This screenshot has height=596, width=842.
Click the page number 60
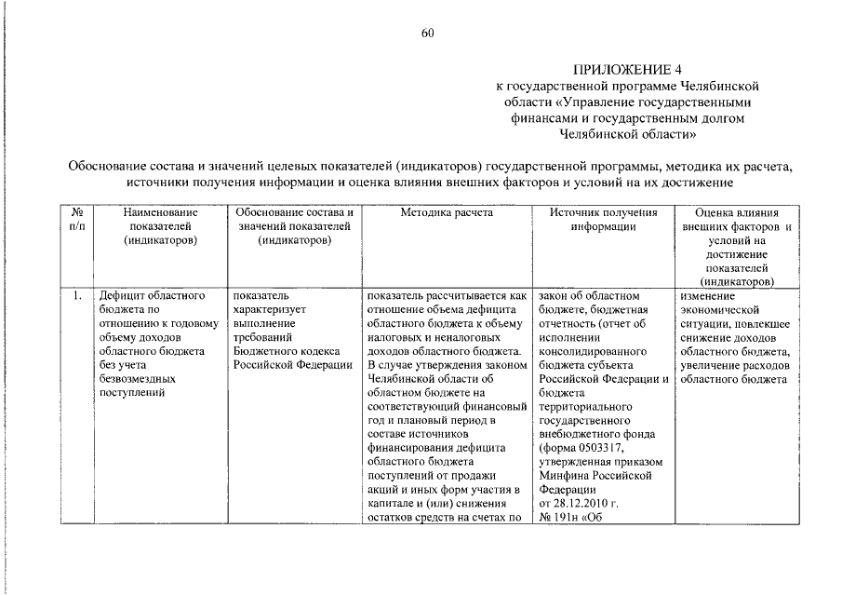(x=428, y=34)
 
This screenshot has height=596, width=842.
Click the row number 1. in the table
(x=77, y=296)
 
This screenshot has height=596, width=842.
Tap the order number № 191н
(x=562, y=520)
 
